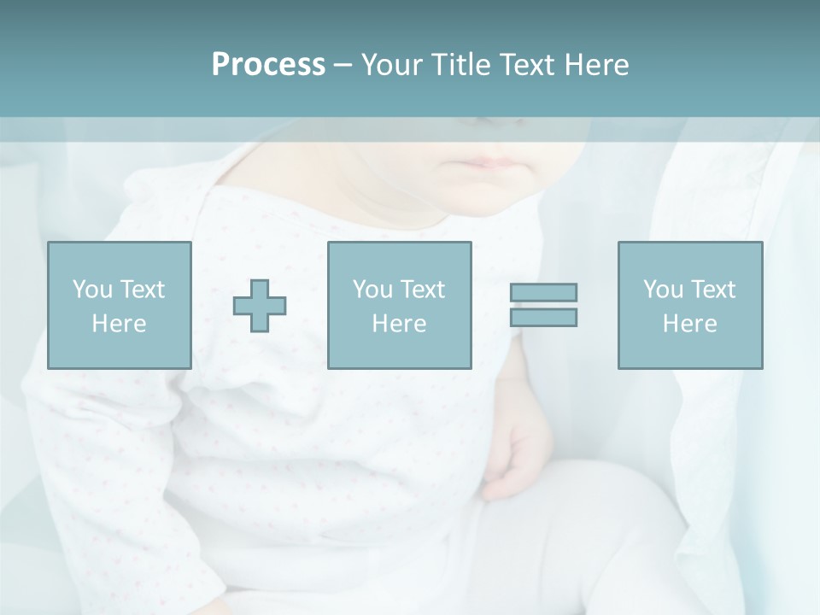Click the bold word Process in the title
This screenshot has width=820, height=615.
pos(268,65)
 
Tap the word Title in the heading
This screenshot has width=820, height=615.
pos(458,65)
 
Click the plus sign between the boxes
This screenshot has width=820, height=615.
pos(260,305)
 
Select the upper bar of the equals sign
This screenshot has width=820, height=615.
pos(543,292)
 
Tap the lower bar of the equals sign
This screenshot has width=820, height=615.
pos(543,317)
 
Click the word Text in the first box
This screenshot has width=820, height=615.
pos(143,290)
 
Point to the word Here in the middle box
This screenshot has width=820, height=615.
pos(399,324)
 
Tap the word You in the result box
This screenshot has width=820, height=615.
pos(663,290)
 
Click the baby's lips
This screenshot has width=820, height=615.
pos(485,161)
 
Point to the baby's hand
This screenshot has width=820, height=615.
pos(513,457)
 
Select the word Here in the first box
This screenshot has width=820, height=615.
pos(119,324)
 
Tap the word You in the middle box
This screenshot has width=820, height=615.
pos(372,290)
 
